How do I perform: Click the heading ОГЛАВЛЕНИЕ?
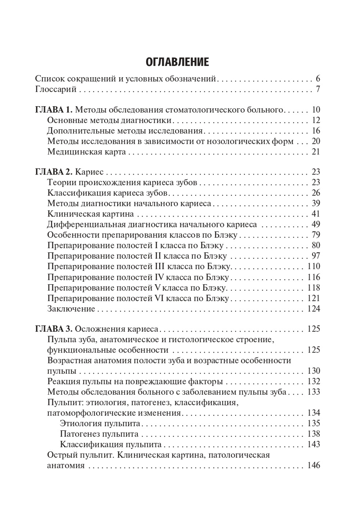click(177, 62)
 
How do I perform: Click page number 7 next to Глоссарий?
click(318, 90)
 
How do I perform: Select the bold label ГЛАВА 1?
click(54, 110)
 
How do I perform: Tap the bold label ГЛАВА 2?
click(54, 172)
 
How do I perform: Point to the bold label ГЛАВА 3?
click(54, 329)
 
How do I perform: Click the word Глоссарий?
click(56, 90)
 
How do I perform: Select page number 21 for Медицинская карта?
click(316, 152)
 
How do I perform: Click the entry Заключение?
click(71, 309)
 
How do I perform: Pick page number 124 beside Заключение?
click(313, 309)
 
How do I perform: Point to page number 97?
click(315, 257)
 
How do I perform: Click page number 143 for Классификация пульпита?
click(313, 444)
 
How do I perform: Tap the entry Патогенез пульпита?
click(99, 434)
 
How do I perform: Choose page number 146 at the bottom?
click(313, 465)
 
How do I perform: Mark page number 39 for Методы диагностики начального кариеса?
click(315, 204)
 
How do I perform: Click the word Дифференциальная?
click(86, 225)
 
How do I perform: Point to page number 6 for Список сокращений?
click(318, 79)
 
